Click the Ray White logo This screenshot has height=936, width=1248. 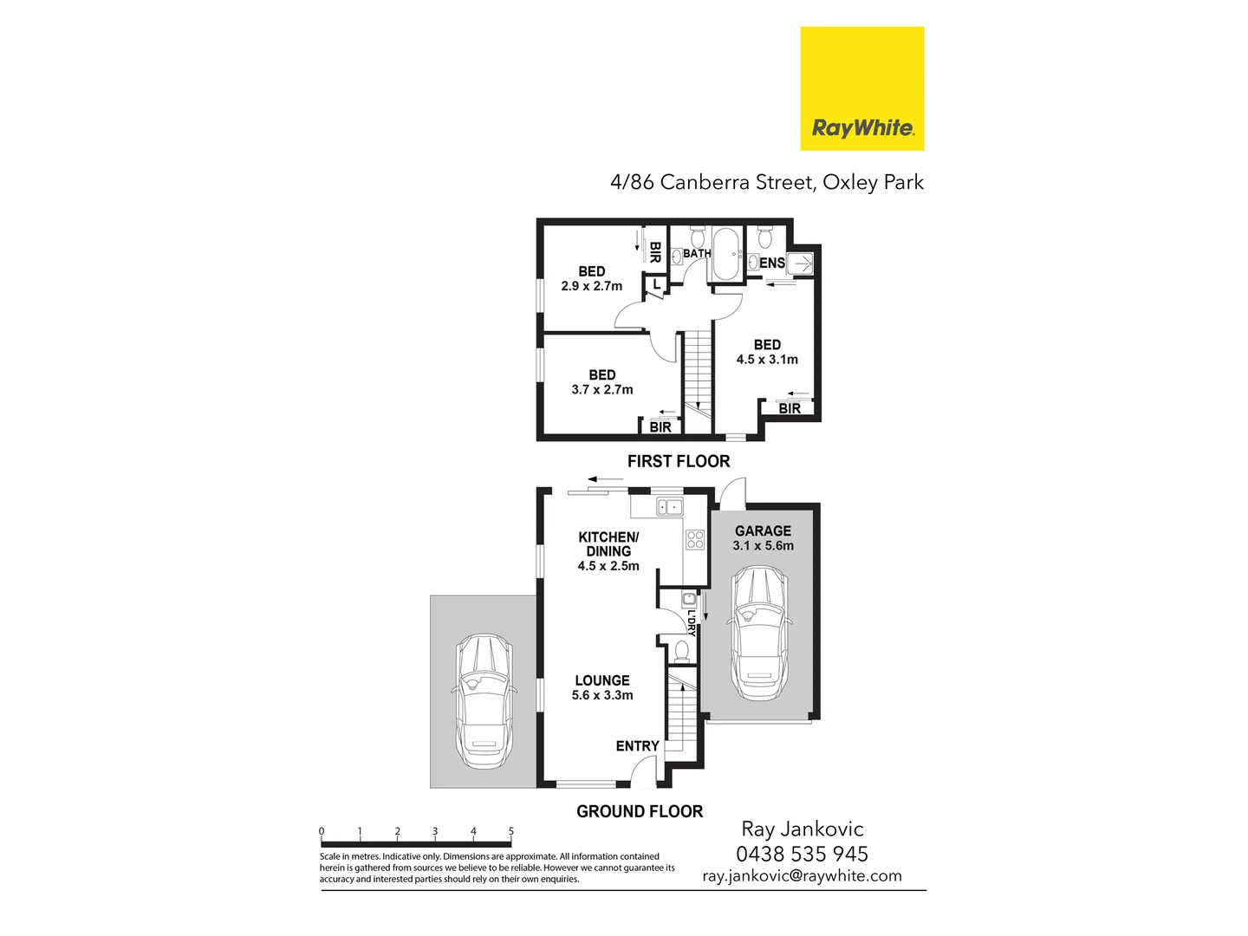coord(861,88)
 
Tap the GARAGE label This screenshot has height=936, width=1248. coord(763,530)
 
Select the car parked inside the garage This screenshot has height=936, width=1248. coord(759,633)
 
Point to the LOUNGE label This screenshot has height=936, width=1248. coord(602,680)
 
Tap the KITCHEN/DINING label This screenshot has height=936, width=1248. coord(608,543)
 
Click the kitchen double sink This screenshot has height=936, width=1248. coord(669,507)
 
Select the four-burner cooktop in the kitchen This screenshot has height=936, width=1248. coord(695,540)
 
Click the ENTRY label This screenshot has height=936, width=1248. coord(637,745)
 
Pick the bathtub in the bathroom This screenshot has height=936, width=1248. coord(726,254)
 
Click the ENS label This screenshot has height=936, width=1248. coord(772,263)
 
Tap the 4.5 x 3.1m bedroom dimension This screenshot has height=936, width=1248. coord(767,360)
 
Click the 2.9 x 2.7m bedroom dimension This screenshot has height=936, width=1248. coord(592,286)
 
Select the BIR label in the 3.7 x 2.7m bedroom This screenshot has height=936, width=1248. coord(660,426)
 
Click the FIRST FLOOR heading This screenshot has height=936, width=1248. coord(679,461)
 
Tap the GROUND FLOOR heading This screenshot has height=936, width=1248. coord(640,811)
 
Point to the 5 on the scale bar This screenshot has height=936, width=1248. coord(511,831)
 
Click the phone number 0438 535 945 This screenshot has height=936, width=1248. coord(802,854)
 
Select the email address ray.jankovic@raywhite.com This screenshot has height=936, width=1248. coord(802,876)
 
